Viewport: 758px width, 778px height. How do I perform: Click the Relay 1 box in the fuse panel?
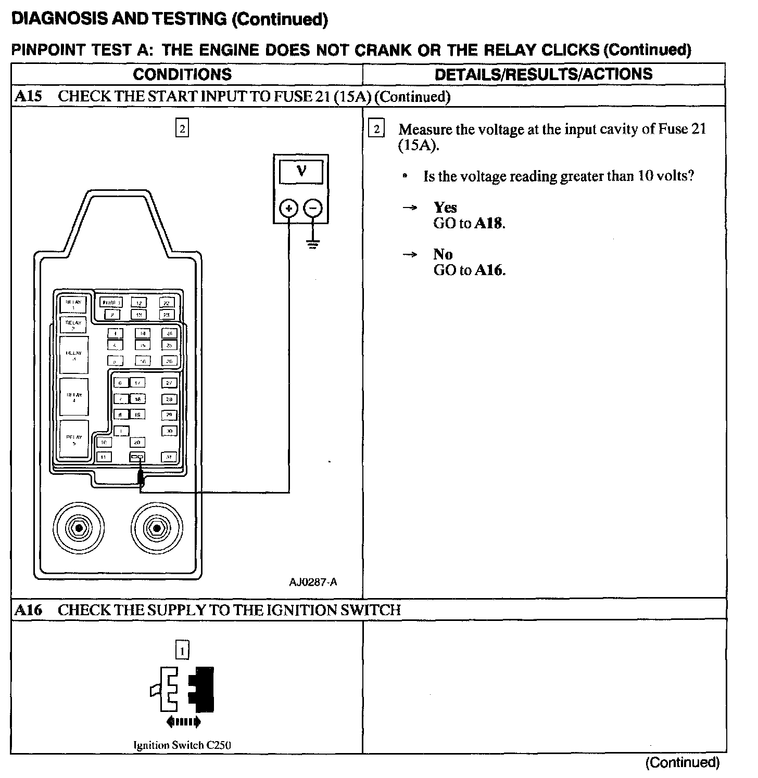(x=73, y=304)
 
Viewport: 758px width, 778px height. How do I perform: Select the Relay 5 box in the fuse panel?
(x=74, y=439)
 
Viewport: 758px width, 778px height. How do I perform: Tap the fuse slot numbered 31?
(x=169, y=457)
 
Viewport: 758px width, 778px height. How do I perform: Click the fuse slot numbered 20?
(x=137, y=442)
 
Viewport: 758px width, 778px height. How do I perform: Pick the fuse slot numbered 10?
(x=104, y=442)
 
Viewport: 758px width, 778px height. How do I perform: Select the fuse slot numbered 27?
(x=169, y=383)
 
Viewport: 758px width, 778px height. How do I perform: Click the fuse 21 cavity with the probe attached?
(x=137, y=457)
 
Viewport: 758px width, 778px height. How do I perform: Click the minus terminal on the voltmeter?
(x=313, y=209)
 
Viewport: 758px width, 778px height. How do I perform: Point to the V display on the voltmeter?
(x=301, y=172)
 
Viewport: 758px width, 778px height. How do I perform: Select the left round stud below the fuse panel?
(x=78, y=528)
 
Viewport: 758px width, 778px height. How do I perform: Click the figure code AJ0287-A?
(x=313, y=582)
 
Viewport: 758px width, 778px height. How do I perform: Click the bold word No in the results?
(x=443, y=254)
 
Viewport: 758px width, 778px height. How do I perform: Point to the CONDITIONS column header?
(x=182, y=74)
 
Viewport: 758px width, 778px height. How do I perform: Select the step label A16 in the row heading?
(x=28, y=610)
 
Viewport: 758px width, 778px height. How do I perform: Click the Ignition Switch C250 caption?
(x=182, y=745)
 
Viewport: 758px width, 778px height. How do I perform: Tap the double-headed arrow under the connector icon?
(x=183, y=721)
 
